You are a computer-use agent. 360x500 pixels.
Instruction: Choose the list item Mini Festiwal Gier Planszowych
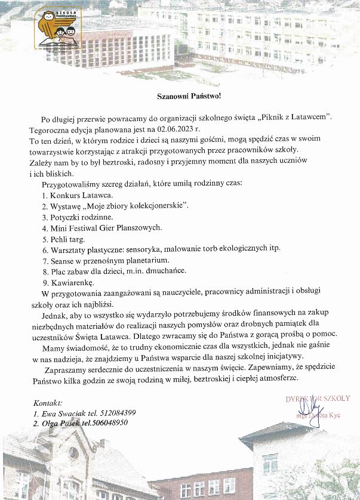[103, 227]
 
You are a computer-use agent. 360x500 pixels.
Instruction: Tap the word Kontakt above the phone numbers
[48, 403]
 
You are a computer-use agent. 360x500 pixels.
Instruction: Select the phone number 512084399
[116, 413]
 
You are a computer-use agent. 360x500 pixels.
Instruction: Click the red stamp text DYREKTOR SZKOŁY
[322, 399]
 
